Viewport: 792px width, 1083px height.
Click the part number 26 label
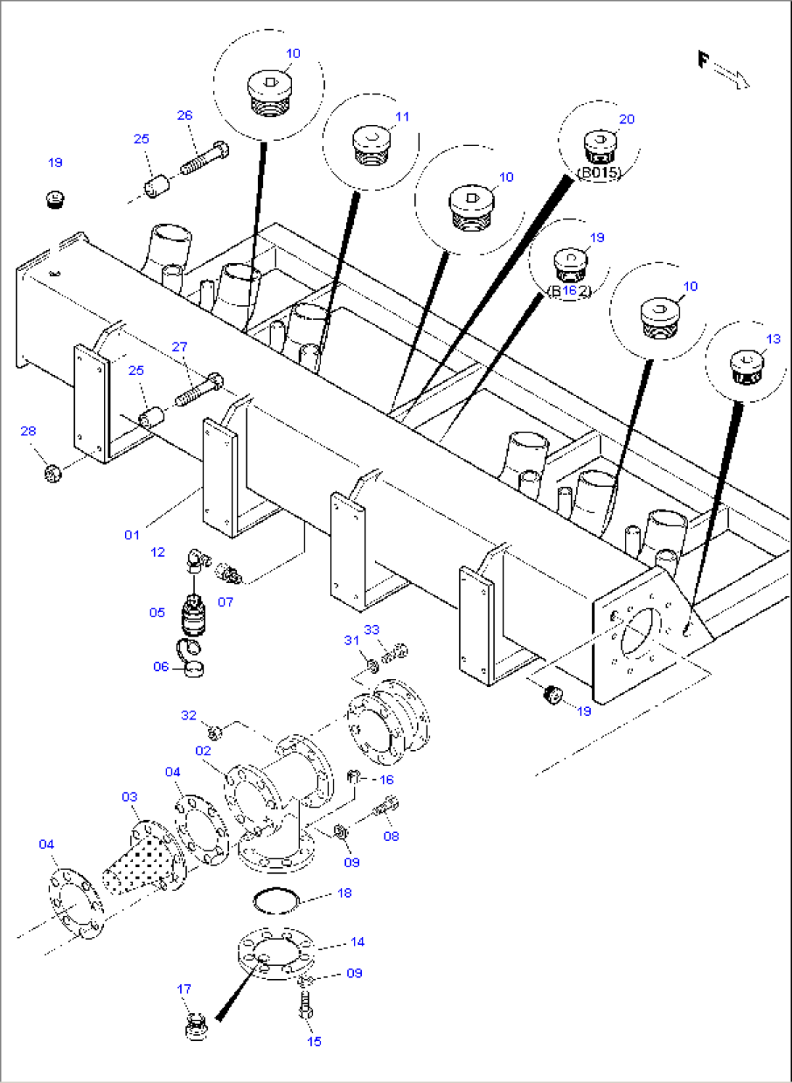pos(185,115)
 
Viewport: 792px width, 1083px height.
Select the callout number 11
pos(402,116)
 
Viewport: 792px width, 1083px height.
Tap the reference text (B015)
pos(599,173)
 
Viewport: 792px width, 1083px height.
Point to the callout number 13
pos(773,339)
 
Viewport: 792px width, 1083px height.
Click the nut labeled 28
pos(52,473)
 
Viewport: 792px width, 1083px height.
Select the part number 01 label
pos(132,535)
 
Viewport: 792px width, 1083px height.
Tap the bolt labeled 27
pos(199,390)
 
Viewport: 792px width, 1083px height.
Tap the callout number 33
pos(371,629)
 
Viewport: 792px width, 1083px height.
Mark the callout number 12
pos(158,552)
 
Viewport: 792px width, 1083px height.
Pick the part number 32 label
pos(188,715)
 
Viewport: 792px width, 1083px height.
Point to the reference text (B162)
pos(570,291)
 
